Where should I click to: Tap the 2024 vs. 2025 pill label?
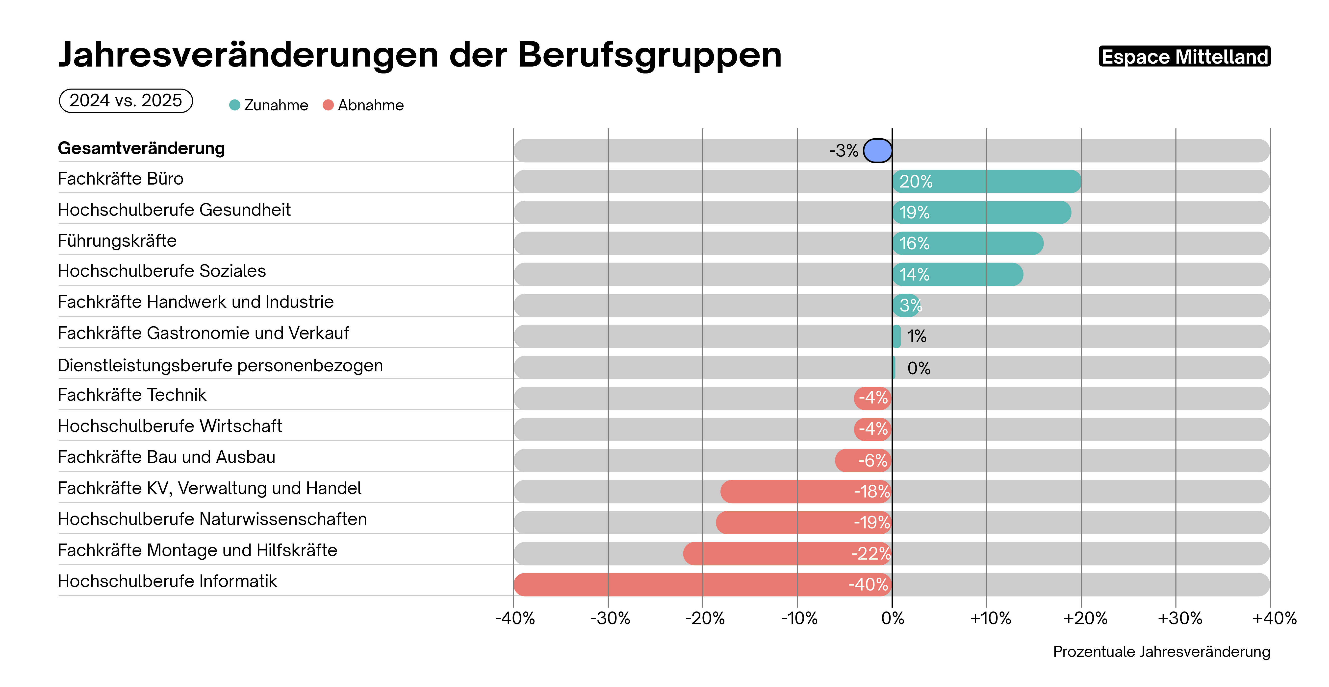click(x=126, y=100)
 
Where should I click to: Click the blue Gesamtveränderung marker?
click(x=878, y=150)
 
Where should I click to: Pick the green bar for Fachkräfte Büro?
click(x=986, y=181)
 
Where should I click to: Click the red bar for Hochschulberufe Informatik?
click(x=703, y=584)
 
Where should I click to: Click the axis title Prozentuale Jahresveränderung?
click(x=1161, y=651)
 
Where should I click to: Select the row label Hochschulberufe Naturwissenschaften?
click(x=212, y=519)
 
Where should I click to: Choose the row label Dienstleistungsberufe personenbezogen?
click(x=220, y=365)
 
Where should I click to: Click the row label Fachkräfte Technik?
click(x=132, y=395)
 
